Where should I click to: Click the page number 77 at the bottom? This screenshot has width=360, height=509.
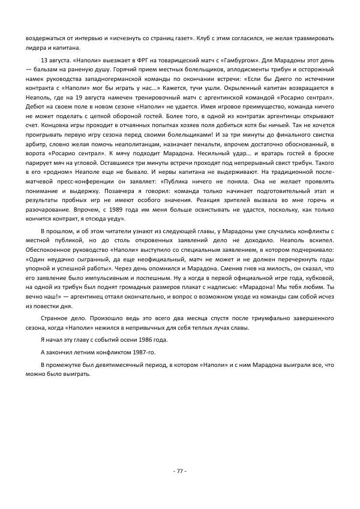point(180,471)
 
